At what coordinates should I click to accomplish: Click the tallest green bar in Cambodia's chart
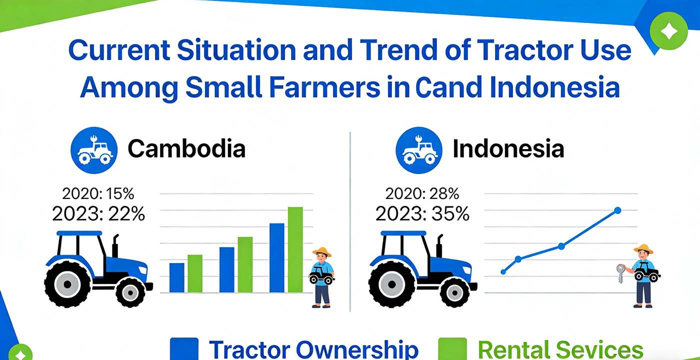pos(295,249)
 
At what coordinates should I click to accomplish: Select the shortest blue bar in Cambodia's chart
pos(176,277)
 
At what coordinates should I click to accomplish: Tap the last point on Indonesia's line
pos(617,210)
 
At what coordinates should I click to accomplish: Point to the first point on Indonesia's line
pos(503,272)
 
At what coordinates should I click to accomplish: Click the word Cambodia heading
pos(186,149)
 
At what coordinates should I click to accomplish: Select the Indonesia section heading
pos(508,149)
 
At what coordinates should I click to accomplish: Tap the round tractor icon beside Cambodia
pos(94,149)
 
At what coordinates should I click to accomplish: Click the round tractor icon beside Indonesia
pos(419,149)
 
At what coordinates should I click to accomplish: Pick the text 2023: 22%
pos(98,213)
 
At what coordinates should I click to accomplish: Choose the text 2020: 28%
pos(422,193)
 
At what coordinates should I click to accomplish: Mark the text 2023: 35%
pos(422,213)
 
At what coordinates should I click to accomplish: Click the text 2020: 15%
pos(98,193)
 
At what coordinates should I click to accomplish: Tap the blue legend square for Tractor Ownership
pos(184,349)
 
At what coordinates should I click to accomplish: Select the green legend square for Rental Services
pos(452,349)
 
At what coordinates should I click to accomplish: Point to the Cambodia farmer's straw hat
pos(321,251)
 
